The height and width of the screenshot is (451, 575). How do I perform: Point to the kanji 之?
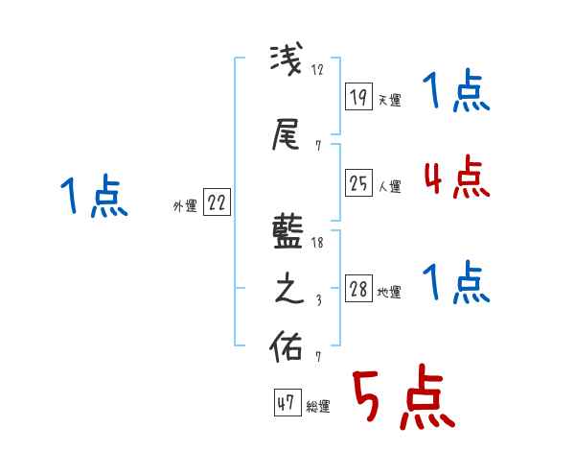click(x=288, y=290)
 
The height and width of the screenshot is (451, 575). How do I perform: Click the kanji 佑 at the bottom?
click(x=288, y=345)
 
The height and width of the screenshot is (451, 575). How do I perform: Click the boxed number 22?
click(x=217, y=203)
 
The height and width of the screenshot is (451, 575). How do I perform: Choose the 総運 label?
click(x=317, y=407)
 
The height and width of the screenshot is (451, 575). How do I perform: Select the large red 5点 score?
click(x=402, y=397)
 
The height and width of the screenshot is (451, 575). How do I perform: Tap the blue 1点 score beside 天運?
click(x=455, y=92)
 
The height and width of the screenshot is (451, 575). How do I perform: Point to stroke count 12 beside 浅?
click(x=318, y=70)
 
